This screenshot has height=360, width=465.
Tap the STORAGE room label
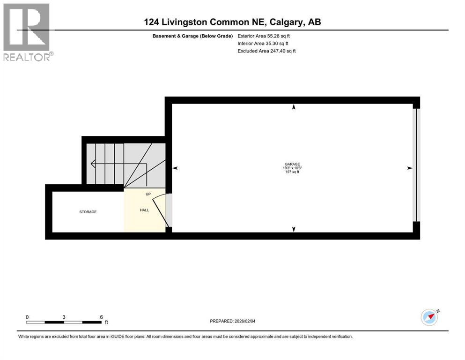tap(88, 212)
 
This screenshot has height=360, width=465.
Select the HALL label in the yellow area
tap(144, 210)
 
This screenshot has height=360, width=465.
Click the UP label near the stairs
tap(148, 194)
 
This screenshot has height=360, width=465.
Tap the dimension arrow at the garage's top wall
tap(294, 107)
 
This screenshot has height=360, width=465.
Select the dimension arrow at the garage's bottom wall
tap(294, 229)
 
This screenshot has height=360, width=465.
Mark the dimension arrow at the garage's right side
tap(410, 168)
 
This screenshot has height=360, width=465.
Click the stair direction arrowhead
tap(93, 164)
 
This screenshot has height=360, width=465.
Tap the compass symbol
tap(429, 317)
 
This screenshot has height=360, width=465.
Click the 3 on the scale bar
tap(64, 317)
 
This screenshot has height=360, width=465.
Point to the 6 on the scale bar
tap(101, 317)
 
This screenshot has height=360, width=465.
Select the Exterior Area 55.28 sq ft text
tap(267, 36)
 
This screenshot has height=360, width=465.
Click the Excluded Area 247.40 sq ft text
tap(267, 51)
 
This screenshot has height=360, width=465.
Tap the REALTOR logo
tap(27, 32)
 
